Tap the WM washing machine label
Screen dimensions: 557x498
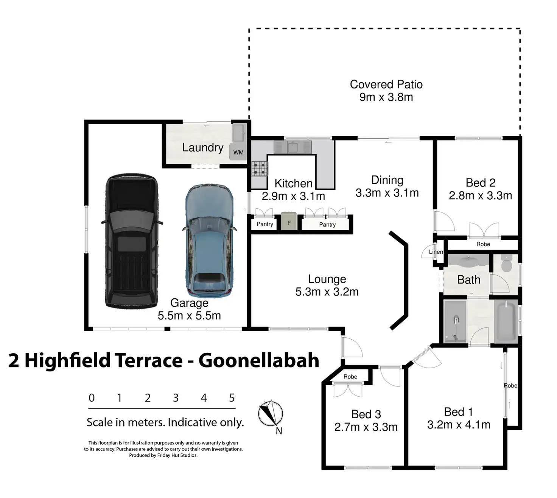point(238,152)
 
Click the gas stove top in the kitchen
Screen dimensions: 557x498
point(260,168)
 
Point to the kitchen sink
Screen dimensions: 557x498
point(292,147)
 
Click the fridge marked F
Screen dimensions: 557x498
point(289,223)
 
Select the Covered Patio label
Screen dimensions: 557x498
point(386,84)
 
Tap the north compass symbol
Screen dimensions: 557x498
point(270,414)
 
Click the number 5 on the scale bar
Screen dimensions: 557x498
point(232,398)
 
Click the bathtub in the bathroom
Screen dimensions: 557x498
point(506,321)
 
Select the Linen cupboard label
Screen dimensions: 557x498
point(436,252)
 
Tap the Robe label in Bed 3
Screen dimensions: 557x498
point(350,377)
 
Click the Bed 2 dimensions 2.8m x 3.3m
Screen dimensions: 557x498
point(480,195)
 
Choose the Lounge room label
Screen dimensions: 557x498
point(327,279)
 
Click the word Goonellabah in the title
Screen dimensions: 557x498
point(259,360)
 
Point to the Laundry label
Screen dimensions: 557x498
point(203,147)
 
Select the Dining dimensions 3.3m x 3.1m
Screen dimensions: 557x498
point(387,193)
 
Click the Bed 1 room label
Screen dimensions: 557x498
point(458,412)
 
